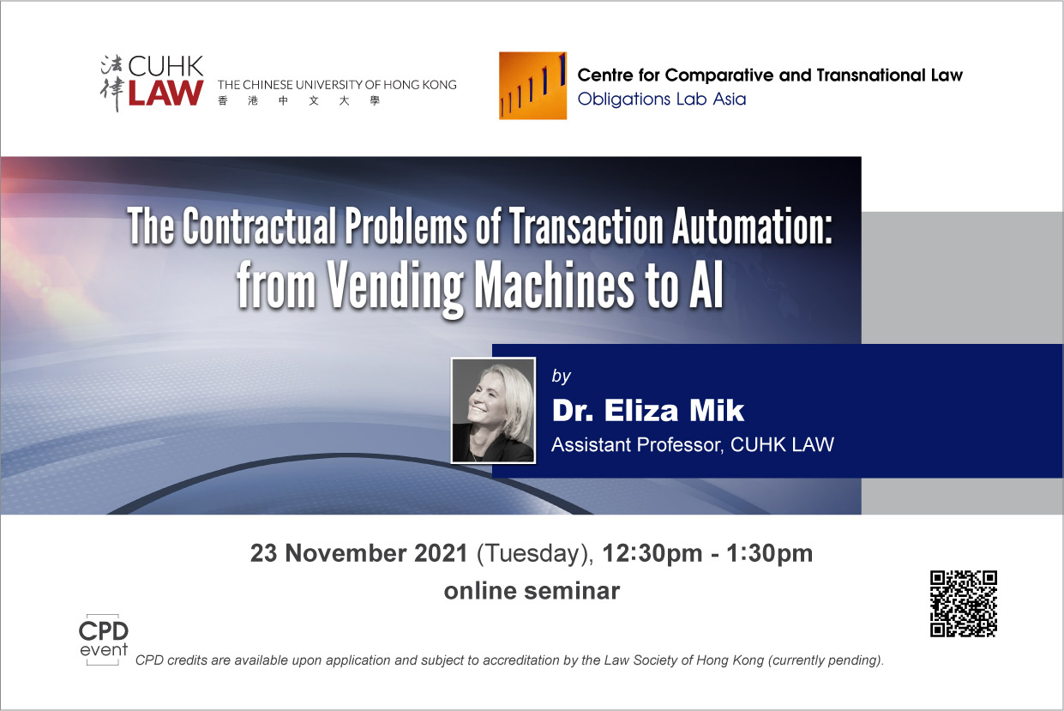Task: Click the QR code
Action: tap(964, 604)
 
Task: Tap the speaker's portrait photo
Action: tap(493, 410)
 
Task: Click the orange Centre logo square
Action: tap(532, 86)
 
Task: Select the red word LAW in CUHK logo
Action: tap(165, 93)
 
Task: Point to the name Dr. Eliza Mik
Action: tap(648, 410)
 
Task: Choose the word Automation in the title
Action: tap(753, 226)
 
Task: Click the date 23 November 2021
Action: tap(359, 553)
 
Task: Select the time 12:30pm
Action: tap(652, 554)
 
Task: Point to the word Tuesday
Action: tap(535, 554)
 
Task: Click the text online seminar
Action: tap(532, 591)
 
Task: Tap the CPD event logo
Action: tap(104, 639)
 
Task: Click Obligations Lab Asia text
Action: tap(662, 99)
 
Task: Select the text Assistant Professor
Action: tap(637, 445)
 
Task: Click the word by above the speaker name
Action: tap(561, 377)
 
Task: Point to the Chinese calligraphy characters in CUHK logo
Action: tap(112, 83)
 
